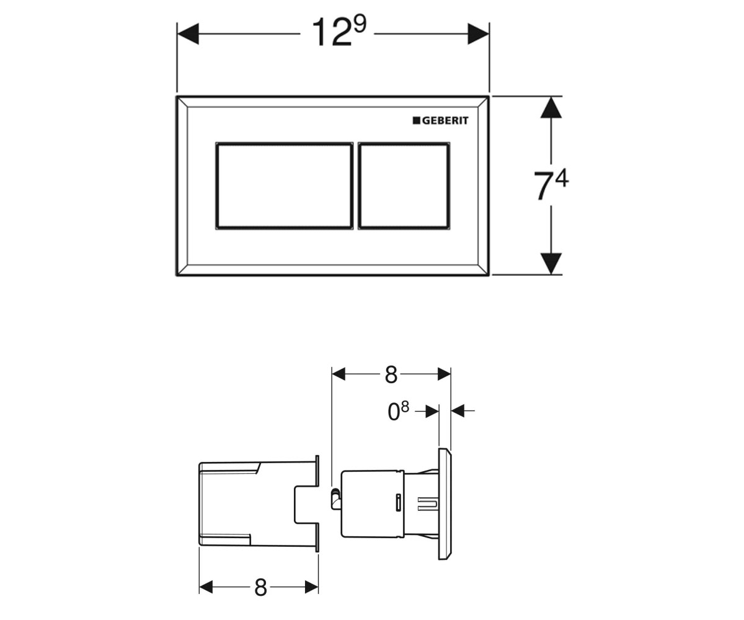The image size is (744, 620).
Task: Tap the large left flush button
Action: pos(285,185)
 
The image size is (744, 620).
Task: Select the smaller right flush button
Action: pos(404,185)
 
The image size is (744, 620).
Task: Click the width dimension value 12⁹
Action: pos(339,32)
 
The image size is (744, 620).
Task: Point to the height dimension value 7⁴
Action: pos(551,185)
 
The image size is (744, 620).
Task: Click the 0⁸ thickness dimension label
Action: pos(398,412)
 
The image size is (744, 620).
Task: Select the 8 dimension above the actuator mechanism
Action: pos(391,374)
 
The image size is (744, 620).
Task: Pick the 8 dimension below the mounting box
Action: pos(260,587)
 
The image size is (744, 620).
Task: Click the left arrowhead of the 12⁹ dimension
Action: pos(188,34)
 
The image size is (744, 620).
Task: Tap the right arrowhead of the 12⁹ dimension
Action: pos(478,34)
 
